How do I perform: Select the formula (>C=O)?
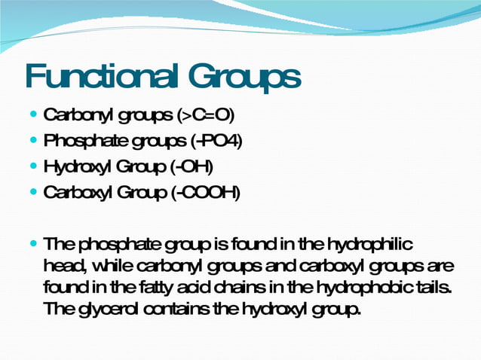[x=206, y=116]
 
